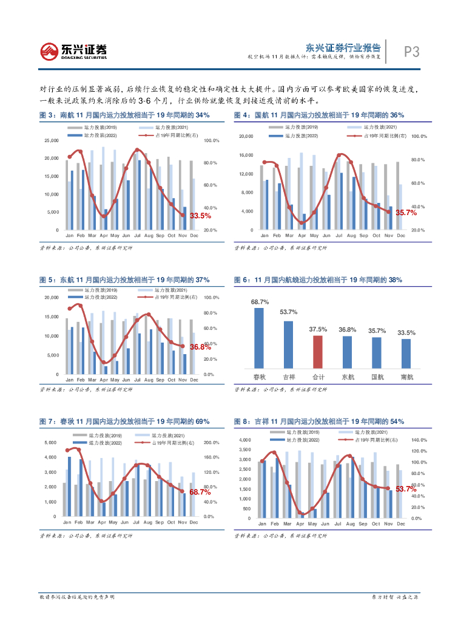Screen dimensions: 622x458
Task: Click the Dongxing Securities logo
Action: (73, 51)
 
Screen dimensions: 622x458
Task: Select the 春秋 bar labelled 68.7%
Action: (259, 338)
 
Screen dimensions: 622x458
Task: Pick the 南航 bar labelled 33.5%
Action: (406, 354)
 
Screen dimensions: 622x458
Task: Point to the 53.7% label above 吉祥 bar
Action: (288, 312)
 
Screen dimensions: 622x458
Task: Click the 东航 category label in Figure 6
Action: (348, 377)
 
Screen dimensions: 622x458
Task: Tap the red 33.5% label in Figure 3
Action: (201, 216)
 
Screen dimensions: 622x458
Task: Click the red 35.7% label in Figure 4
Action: (406, 213)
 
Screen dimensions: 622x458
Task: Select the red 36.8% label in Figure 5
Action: (201, 347)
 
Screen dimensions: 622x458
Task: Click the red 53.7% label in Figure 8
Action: (406, 489)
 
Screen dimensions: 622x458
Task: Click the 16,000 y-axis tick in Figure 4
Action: (246, 155)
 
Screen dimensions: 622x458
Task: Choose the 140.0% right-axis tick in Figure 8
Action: (420, 440)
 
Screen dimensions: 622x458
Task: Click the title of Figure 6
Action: (318, 280)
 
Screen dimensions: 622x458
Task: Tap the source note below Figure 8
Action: (280, 536)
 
